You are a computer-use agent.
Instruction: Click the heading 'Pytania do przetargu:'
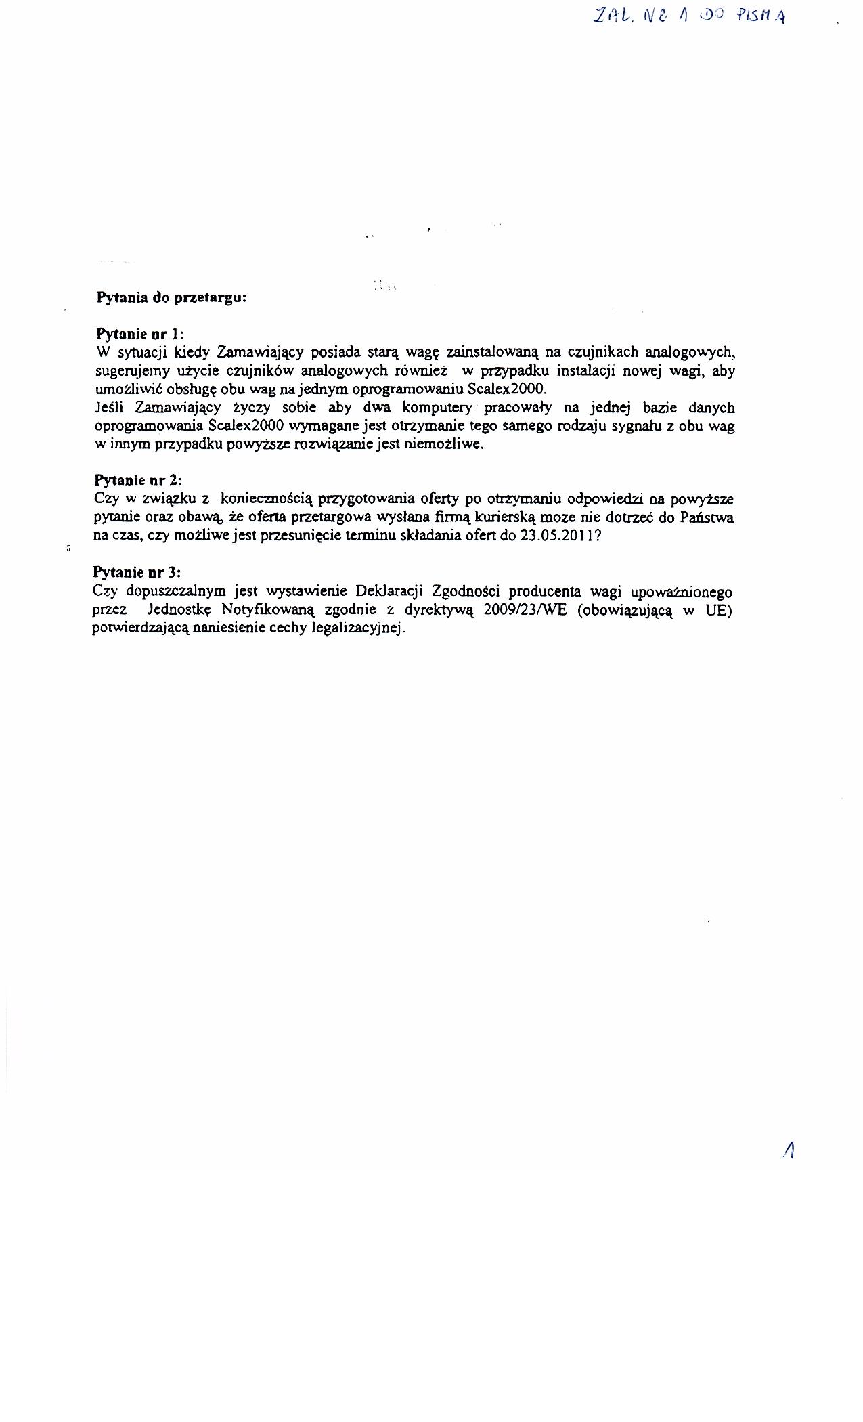(x=171, y=297)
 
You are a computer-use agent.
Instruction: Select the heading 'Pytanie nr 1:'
(x=140, y=334)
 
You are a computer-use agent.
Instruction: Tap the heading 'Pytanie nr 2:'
(x=138, y=480)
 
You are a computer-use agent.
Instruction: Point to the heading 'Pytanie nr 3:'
(x=137, y=572)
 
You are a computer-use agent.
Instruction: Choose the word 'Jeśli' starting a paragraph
(x=110, y=408)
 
